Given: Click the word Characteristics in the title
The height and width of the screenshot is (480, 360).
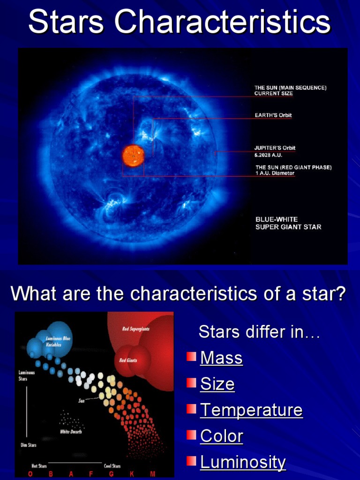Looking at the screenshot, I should coord(223,22).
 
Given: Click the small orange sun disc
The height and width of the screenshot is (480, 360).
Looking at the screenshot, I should coord(133,155).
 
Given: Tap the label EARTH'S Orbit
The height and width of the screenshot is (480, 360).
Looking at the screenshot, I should coord(273,115).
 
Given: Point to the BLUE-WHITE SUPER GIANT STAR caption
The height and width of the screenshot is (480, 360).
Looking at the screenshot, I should coord(288,223).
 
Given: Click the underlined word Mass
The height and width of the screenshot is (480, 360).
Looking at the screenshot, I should coord(221,358).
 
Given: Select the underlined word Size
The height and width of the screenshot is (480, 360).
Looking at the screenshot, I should coord(217,384).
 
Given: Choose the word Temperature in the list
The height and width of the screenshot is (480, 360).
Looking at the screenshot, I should coord(251,410).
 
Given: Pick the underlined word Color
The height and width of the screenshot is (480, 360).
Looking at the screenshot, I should coord(222,436).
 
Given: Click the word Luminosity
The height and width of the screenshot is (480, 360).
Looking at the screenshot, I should coord(243,462).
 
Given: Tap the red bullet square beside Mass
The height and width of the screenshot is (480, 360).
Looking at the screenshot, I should coord(191,357).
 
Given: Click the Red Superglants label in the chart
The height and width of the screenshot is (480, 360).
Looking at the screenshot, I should coord(135,329).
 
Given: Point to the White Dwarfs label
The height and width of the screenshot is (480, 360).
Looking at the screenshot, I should coord(70,432).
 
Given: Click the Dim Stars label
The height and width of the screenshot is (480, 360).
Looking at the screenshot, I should coord(28,445).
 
